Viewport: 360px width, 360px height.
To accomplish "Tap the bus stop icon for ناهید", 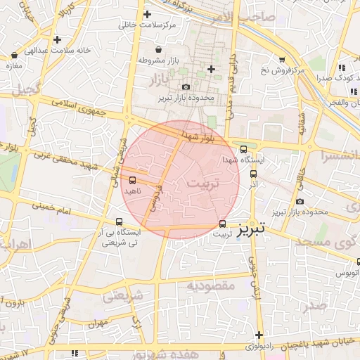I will coord(133,181).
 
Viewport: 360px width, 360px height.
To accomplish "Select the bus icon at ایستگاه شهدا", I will coord(243,149).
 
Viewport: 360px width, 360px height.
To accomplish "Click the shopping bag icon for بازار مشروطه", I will coord(158,50).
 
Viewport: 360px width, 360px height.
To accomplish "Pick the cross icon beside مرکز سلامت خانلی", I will coord(147,14).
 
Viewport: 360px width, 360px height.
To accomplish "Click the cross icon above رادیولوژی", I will coord(259,335).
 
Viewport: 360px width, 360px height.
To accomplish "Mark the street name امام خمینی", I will coord(51,207).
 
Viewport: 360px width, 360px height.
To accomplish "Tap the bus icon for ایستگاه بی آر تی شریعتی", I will coord(119,222).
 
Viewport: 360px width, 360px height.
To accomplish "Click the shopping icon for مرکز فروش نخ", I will coord(282,60).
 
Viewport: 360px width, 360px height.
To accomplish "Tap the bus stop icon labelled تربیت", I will coord(223,224).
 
